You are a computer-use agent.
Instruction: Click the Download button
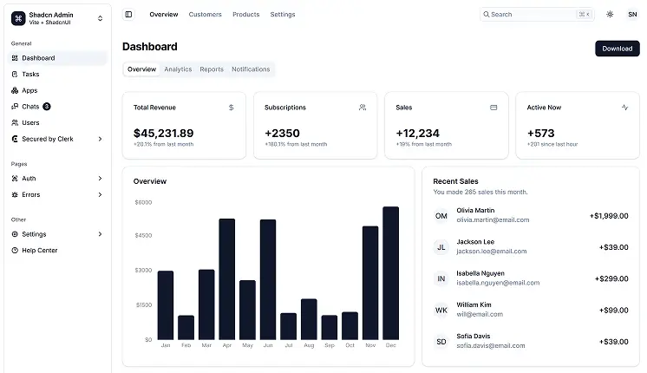click(x=617, y=49)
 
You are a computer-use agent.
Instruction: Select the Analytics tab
click(x=178, y=69)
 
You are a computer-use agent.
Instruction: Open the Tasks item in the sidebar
click(x=30, y=75)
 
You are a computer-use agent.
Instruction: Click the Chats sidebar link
click(x=30, y=107)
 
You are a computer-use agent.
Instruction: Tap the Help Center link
click(x=39, y=251)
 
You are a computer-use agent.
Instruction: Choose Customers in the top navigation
click(x=205, y=15)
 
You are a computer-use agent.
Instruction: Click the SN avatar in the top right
click(x=631, y=15)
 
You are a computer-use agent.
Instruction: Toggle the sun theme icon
click(x=610, y=15)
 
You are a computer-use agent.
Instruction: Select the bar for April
click(x=227, y=278)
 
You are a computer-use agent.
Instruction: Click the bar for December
click(x=390, y=272)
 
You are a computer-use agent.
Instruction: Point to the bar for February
click(x=186, y=327)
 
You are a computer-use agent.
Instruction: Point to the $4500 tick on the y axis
click(x=143, y=235)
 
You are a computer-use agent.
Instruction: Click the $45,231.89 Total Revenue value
click(x=163, y=133)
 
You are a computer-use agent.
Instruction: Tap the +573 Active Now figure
click(x=542, y=133)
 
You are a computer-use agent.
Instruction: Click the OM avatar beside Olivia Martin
click(x=441, y=215)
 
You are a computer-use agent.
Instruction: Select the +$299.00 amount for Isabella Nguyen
click(x=611, y=278)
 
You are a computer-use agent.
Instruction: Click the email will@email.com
click(x=480, y=314)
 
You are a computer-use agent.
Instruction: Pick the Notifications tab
click(x=251, y=69)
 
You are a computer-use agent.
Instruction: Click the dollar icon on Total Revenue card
click(x=231, y=108)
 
